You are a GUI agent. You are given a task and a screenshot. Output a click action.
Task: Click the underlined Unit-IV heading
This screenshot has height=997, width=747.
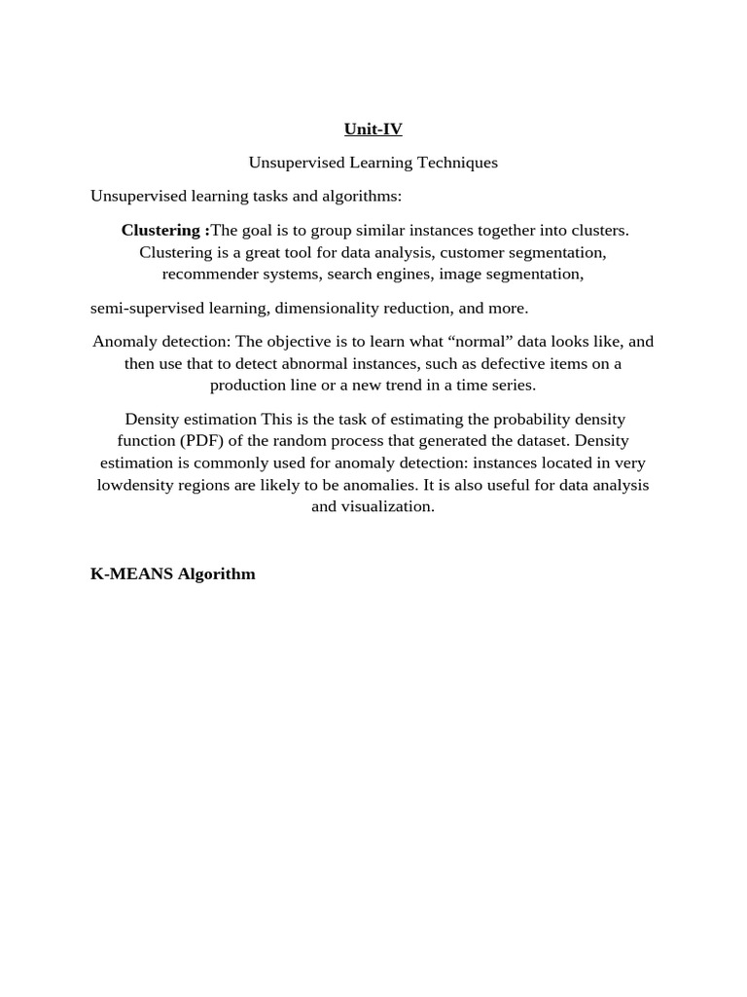[373, 129]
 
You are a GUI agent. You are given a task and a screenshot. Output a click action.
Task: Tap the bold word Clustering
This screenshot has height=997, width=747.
[162, 230]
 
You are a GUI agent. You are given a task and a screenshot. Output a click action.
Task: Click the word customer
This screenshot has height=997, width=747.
[472, 252]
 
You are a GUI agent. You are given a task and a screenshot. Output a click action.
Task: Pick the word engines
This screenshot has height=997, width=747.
[408, 274]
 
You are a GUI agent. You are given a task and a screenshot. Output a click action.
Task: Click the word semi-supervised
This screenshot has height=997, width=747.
[148, 308]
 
